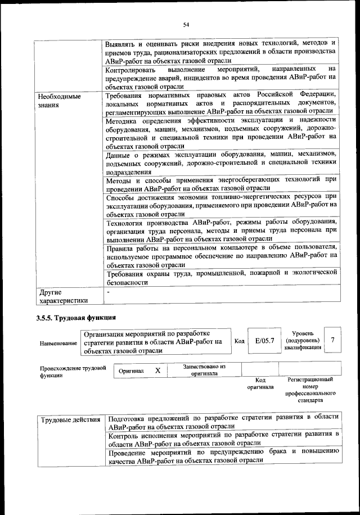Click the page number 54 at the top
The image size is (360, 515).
[x=186, y=23]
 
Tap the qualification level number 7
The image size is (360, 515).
[x=333, y=340]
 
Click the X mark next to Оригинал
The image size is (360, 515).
[x=158, y=371]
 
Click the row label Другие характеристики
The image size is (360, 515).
[x=63, y=296]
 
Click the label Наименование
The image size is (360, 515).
[x=59, y=343]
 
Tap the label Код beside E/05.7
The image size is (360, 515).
[x=239, y=341]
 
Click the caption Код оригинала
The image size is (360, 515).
[x=260, y=384]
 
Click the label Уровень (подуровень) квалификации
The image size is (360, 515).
[x=303, y=340]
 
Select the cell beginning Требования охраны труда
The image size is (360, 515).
[x=221, y=278]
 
